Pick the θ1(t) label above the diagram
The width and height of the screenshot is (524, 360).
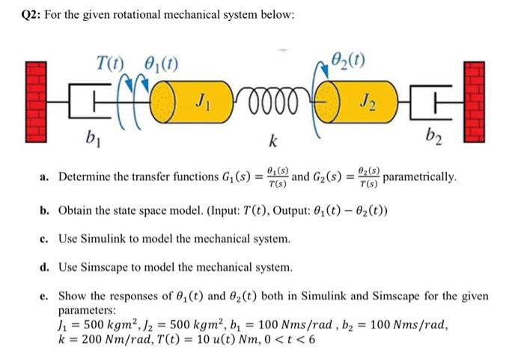(160, 61)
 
